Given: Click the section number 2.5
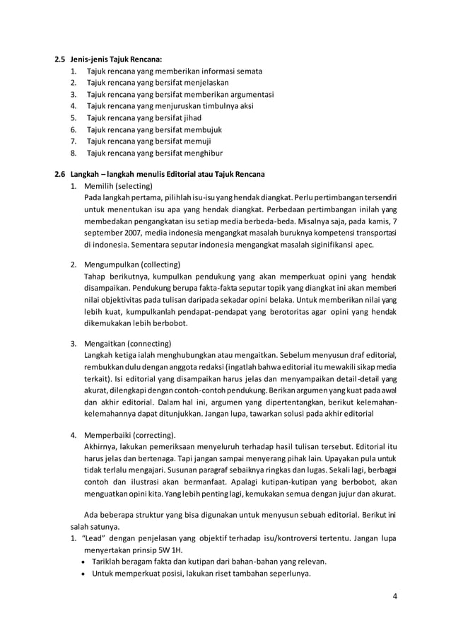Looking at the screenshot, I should coord(61,59).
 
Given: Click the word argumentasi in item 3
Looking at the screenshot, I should coord(252,95).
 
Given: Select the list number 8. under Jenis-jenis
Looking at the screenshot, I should coord(74,152).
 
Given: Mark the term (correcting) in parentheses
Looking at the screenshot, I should coord(150,434).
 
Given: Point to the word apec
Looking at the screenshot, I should coord(363,245).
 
